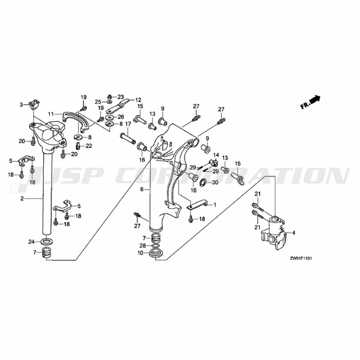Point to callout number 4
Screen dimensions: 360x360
click(293, 233)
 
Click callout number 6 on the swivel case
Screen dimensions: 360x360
click(142, 189)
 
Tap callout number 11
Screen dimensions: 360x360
click(51, 114)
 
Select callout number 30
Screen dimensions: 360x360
click(215, 183)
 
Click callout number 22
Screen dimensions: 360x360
click(89, 146)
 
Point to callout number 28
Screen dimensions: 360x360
click(143, 246)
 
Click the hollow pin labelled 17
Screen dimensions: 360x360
click(127, 138)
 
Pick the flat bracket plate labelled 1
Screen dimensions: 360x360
click(197, 206)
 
